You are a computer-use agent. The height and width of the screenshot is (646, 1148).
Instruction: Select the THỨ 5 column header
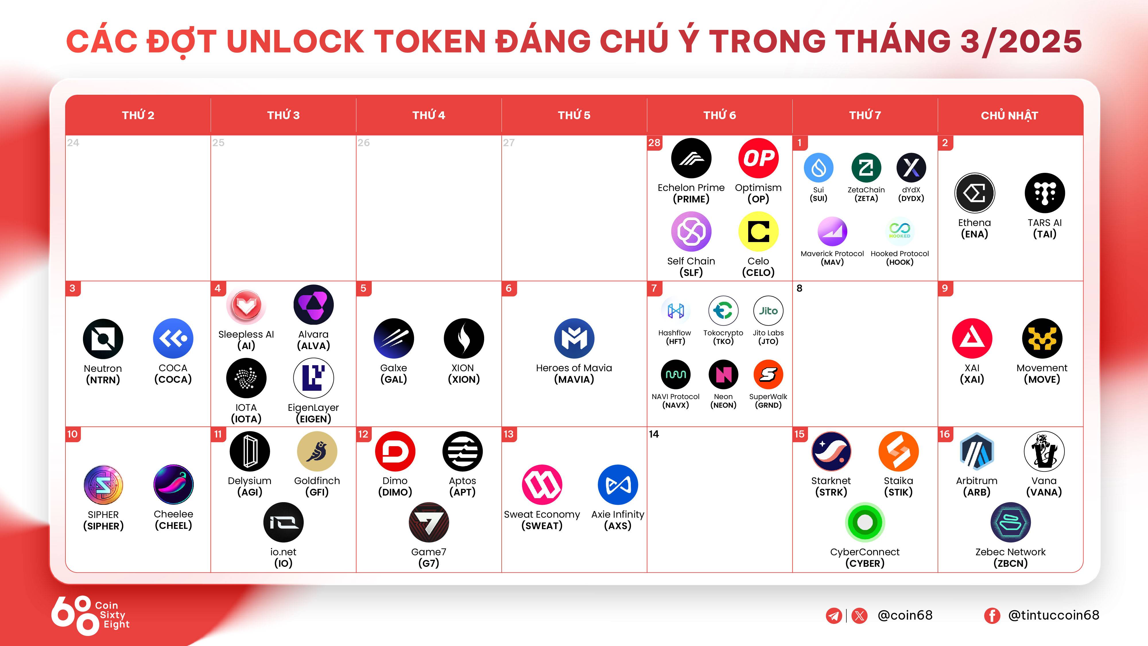[574, 115]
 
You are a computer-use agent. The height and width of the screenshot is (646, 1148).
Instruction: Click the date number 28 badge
[654, 143]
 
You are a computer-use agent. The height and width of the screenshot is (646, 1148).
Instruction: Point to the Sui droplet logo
[818, 168]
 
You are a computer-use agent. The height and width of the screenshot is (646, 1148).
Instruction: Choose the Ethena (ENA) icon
[975, 193]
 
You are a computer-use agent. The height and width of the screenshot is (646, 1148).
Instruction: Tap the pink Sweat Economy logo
[542, 485]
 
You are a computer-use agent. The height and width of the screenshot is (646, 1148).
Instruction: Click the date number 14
[654, 434]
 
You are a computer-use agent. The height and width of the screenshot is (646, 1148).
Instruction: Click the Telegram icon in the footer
[834, 616]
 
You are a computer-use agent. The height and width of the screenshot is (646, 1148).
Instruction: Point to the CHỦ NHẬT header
[1009, 115]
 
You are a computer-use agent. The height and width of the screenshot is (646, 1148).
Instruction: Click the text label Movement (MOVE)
[1042, 374]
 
